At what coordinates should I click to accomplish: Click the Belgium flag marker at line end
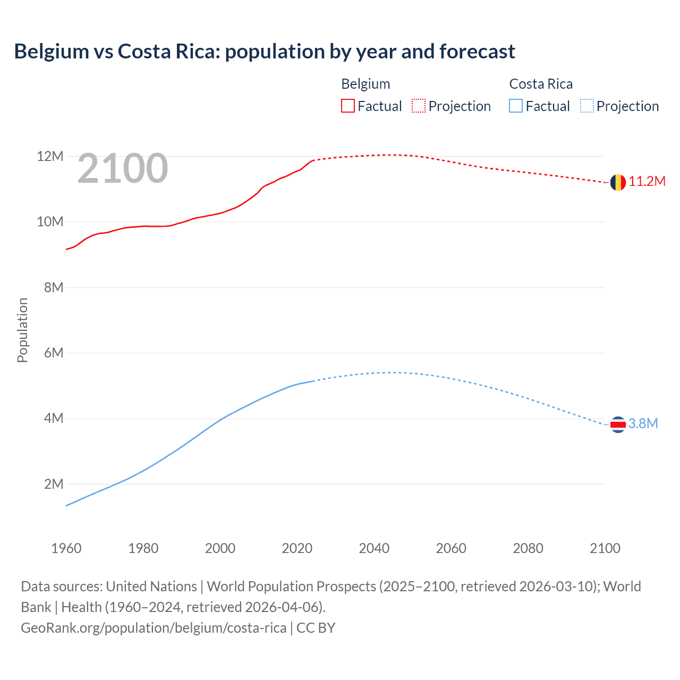pos(617,182)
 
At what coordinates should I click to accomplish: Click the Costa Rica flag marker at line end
pos(617,424)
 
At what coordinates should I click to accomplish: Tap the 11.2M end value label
pos(647,182)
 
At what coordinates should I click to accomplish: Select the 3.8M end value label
pos(643,423)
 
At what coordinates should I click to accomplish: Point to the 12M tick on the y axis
pos(50,156)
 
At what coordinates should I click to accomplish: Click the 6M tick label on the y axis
pos(53,353)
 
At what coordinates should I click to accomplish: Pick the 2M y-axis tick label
pos(53,484)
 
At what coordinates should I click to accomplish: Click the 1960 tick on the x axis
pos(66,548)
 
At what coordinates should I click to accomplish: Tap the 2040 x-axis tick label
pos(374,548)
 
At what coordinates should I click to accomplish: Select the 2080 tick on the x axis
pos(528,548)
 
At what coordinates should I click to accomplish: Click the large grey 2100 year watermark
pos(123,168)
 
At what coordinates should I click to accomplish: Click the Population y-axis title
pos(22,330)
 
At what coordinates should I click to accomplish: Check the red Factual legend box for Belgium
pos(347,106)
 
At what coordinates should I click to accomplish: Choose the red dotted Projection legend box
pos(419,106)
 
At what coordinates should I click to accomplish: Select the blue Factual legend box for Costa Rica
pos(516,106)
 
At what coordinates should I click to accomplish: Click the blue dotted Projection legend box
pos(587,106)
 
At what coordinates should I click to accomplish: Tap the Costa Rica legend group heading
pos(541,84)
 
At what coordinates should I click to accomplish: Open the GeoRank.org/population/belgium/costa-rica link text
pos(154,628)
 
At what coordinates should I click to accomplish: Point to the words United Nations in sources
pos(151,586)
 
